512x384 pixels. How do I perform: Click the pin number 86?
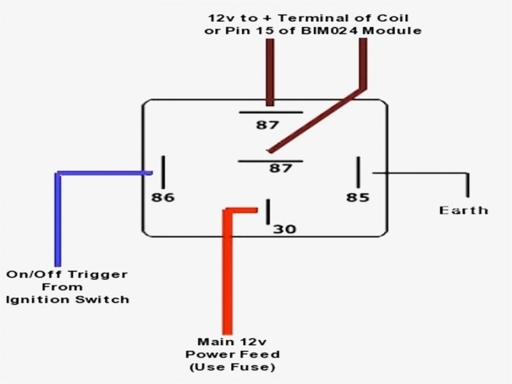pos(163,197)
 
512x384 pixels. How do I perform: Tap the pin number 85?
pos(358,197)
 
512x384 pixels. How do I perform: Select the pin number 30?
pos(285,229)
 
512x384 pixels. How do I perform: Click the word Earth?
pos(464,210)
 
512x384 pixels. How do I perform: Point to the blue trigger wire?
pos(58,218)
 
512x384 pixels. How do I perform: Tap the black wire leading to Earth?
pos(422,173)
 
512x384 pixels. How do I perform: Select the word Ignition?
pos(38,299)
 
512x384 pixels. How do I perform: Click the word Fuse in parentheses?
pos(255,367)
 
